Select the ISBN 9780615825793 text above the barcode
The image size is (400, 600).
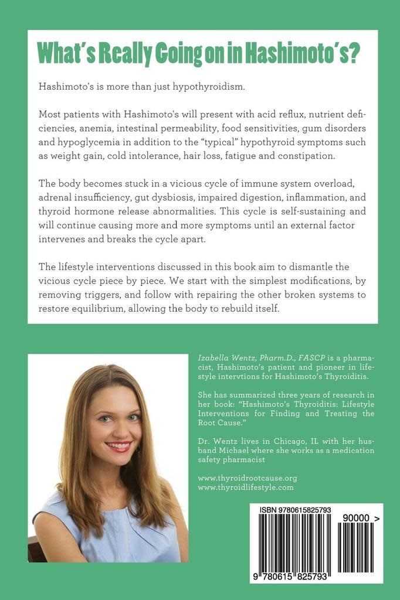(295, 510)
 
